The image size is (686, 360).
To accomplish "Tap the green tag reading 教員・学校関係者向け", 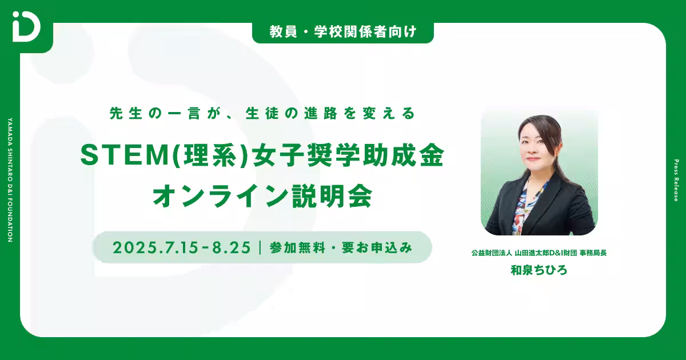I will [x=343, y=33].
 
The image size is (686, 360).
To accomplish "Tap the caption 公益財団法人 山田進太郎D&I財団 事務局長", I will [x=539, y=252].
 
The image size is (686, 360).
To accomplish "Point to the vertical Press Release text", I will [x=676, y=180].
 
